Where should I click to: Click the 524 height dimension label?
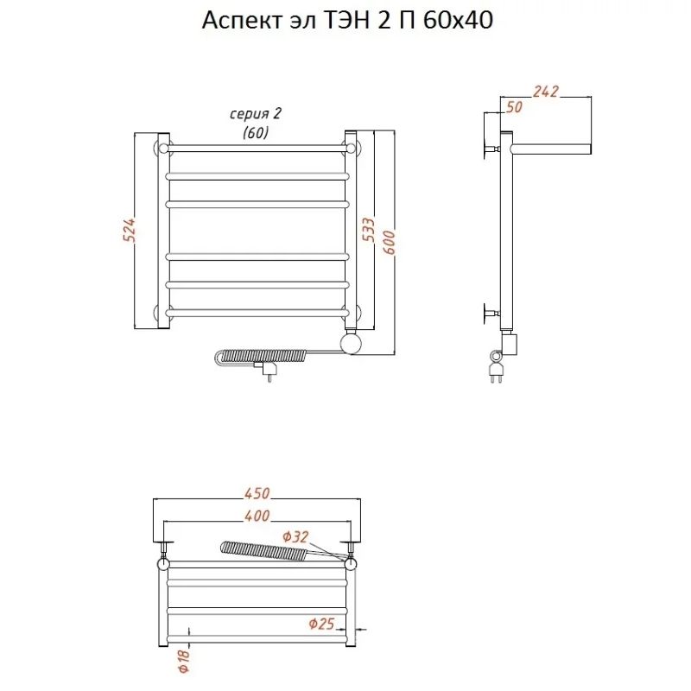tap(129, 230)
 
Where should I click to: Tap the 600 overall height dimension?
tap(390, 242)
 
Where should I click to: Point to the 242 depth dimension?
tap(546, 92)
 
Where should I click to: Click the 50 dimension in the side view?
tap(514, 107)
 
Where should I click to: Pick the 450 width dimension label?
tap(257, 493)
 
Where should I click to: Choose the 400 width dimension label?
tap(257, 515)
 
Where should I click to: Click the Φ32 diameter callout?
tap(295, 536)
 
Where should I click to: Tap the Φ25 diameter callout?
tap(321, 624)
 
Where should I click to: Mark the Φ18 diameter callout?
tap(183, 661)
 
